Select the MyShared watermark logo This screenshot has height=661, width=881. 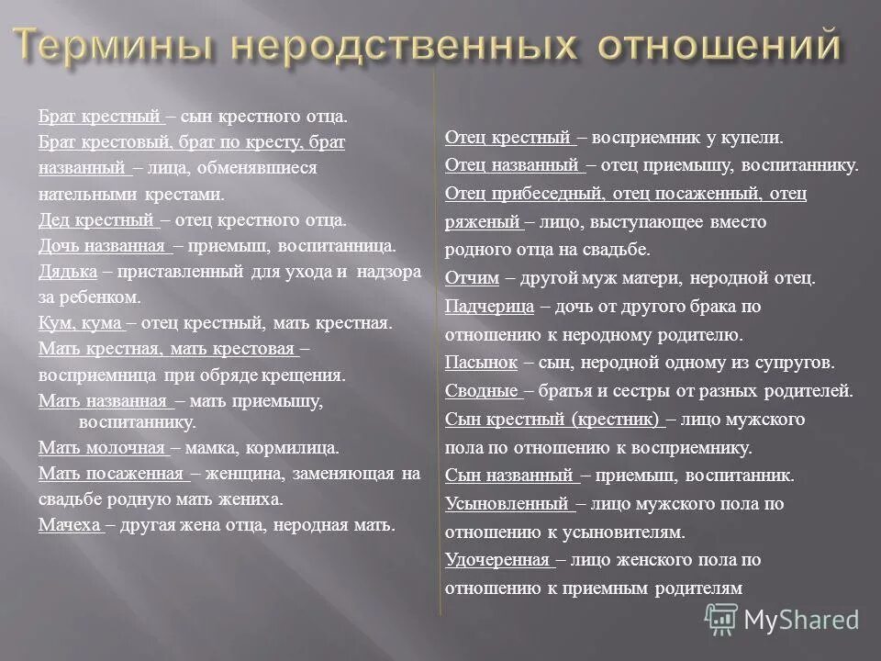[x=788, y=619]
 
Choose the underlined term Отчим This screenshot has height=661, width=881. [x=472, y=278]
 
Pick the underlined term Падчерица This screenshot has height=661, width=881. [x=487, y=306]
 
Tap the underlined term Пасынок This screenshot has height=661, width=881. [x=481, y=362]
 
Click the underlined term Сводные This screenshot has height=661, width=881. [x=481, y=390]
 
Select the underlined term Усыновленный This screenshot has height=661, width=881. [x=507, y=503]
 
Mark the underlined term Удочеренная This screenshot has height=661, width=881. [x=497, y=559]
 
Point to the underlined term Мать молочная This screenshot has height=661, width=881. [x=101, y=448]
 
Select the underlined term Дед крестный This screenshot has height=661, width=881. [x=96, y=220]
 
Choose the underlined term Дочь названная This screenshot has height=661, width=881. [x=103, y=246]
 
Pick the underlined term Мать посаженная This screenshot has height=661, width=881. [x=111, y=474]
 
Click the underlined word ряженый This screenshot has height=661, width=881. [x=480, y=221]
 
